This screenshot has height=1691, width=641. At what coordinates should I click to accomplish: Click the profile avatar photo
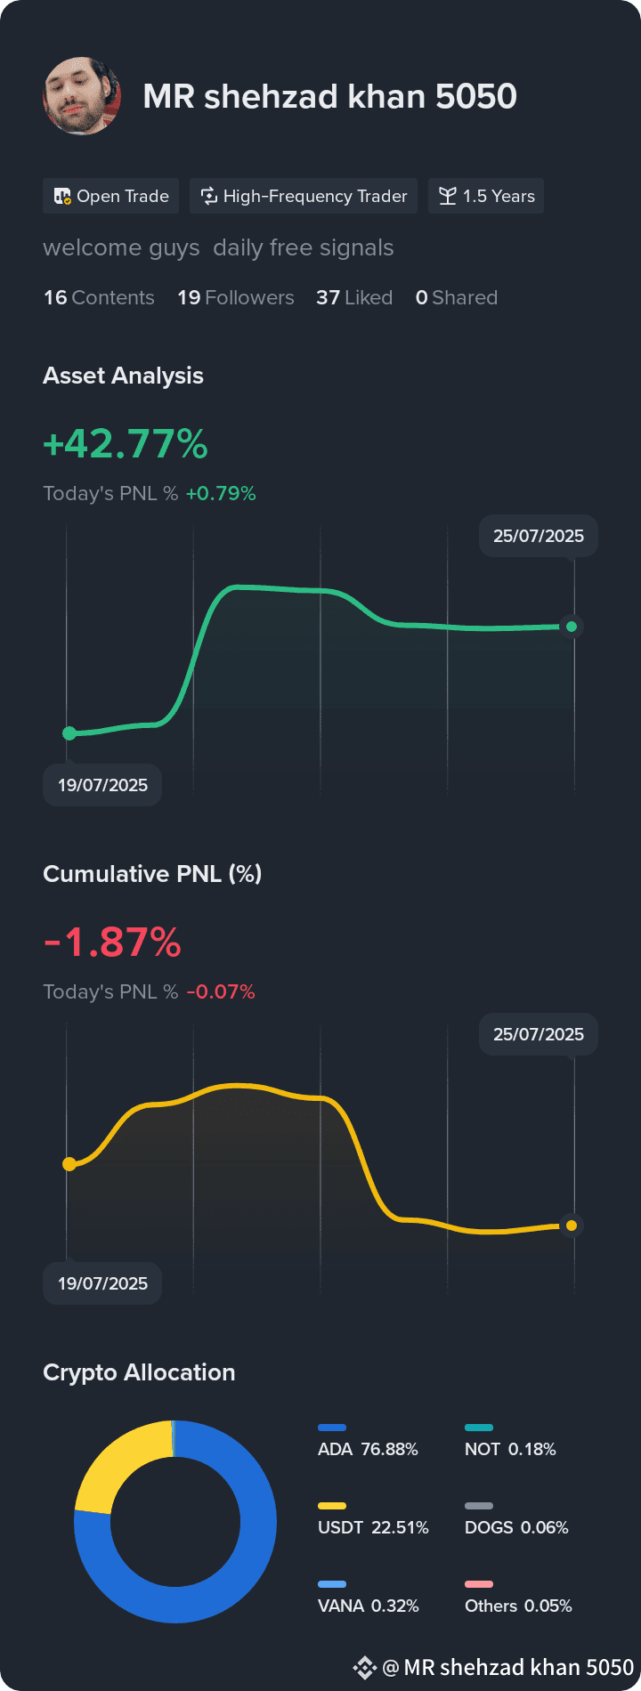coord(82,96)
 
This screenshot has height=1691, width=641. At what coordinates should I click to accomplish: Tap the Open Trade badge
coord(111,196)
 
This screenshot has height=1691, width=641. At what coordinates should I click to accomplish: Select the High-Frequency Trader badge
coord(304,196)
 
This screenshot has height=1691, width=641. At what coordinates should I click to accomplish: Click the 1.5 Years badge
coord(486,196)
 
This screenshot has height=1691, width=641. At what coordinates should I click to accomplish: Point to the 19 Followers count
coord(236,297)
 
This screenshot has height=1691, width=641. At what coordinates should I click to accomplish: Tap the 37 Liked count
coord(354,297)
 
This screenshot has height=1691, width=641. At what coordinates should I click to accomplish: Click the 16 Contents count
coord(99,297)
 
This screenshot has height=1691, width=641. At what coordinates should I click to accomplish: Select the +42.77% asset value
coord(126,443)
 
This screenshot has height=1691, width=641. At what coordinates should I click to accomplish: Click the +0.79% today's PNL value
coord(221,493)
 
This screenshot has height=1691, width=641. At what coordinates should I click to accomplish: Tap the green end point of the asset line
coord(572,627)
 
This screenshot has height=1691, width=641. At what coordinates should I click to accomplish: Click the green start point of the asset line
coord(69,733)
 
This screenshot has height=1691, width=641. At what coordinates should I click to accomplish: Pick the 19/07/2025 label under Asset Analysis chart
coord(102,785)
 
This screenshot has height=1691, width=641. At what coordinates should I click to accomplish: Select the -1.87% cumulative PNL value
coord(112,942)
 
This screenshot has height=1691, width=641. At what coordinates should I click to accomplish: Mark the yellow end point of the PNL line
coord(572,1226)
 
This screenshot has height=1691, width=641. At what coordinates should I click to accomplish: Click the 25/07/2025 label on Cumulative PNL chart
coord(539,1034)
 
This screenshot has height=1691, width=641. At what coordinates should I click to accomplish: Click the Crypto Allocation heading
coord(139,1372)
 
